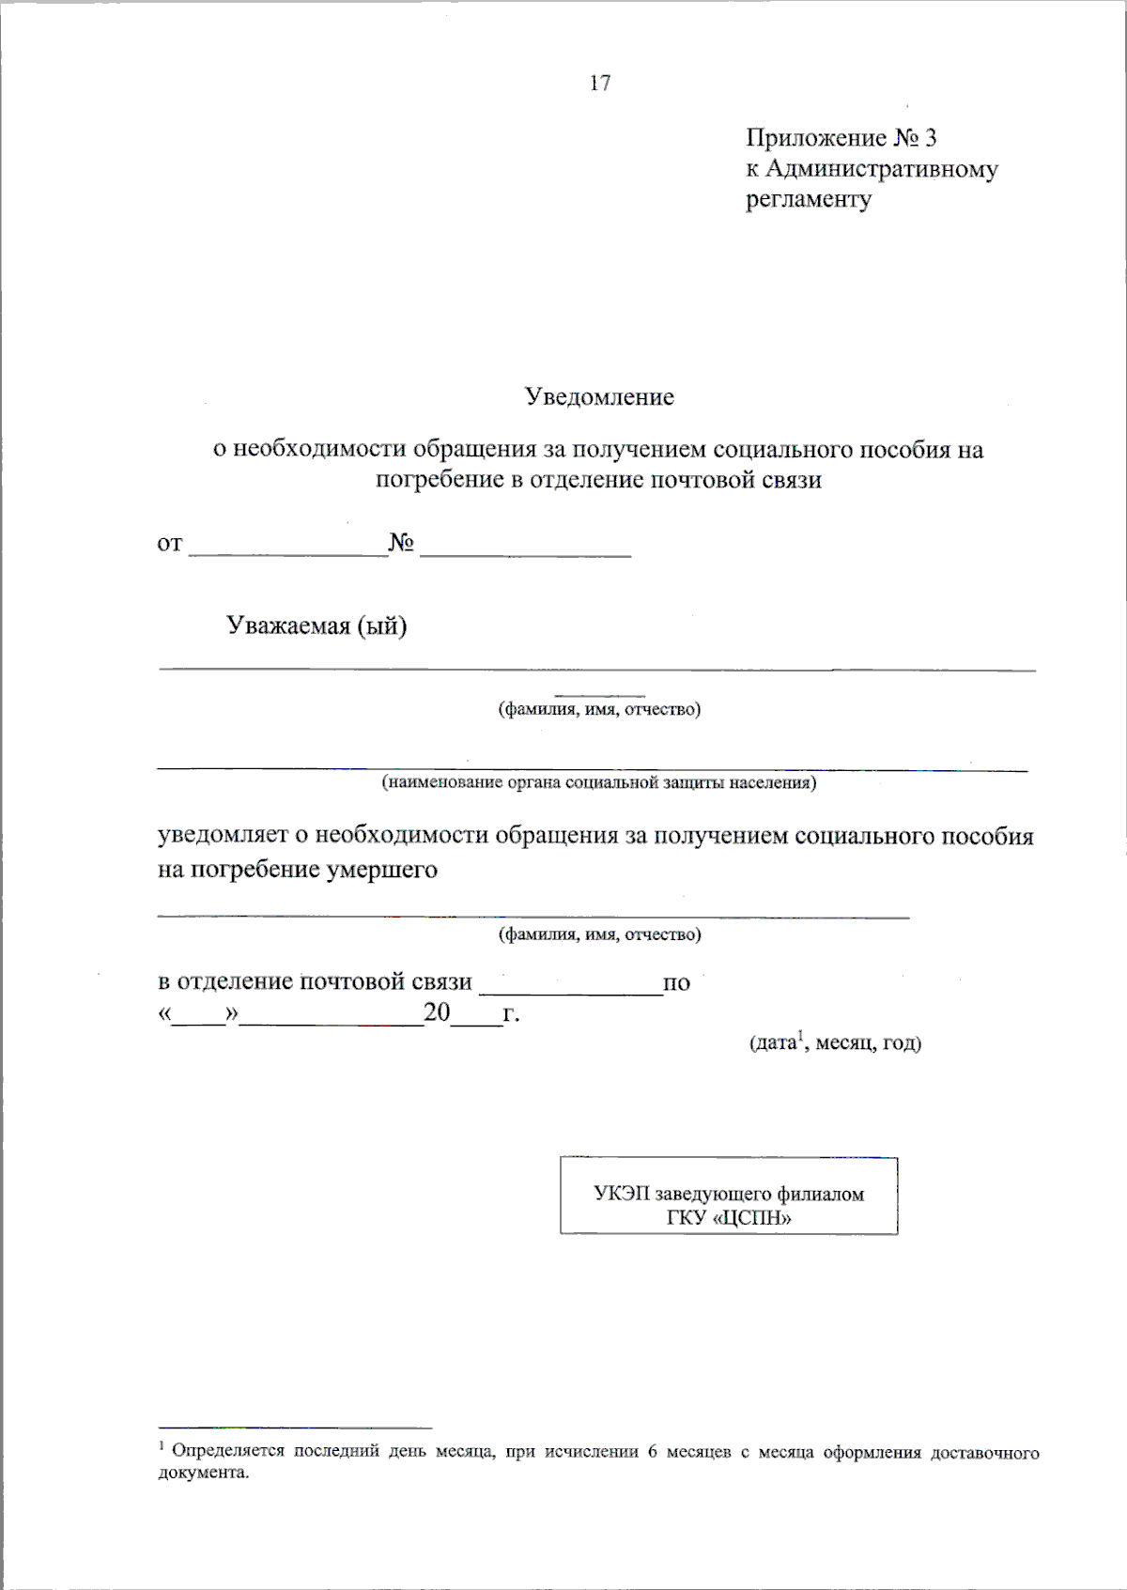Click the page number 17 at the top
click(x=600, y=84)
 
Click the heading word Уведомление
click(x=599, y=397)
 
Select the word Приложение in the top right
click(x=815, y=139)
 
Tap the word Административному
click(x=881, y=170)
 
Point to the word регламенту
click(x=808, y=200)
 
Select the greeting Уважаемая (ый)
click(x=316, y=625)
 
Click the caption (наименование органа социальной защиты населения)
click(x=598, y=782)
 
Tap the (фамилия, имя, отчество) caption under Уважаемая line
click(x=599, y=709)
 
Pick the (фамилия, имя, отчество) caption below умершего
click(x=599, y=934)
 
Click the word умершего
click(x=381, y=870)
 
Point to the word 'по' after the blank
click(x=676, y=983)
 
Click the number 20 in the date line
click(x=437, y=1012)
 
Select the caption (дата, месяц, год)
click(x=834, y=1042)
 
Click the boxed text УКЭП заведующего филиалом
click(x=728, y=1195)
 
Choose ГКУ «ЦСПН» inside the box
click(x=728, y=1219)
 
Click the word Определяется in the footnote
click(x=227, y=1451)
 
